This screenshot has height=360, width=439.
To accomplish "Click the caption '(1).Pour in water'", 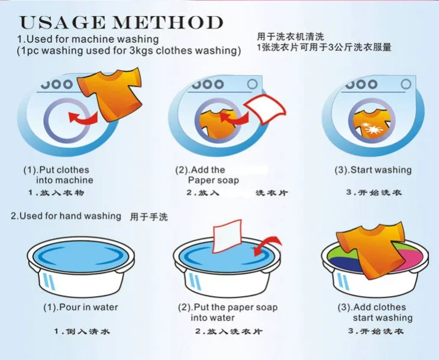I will pyautogui.click(x=80, y=307).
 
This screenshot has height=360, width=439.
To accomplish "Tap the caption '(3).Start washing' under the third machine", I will pyautogui.click(x=373, y=170).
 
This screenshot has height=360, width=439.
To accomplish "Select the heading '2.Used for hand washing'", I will pyautogui.click(x=66, y=216).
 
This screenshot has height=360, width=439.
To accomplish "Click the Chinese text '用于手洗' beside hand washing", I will pyautogui.click(x=149, y=217).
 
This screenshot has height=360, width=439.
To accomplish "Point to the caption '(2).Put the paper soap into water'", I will pyautogui.click(x=227, y=313).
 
